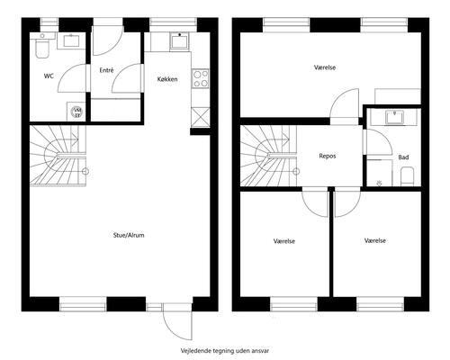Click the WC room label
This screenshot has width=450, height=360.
(49, 76)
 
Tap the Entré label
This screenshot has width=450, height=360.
(106, 70)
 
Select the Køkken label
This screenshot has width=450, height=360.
(167, 79)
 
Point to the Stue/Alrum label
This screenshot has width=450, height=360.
(129, 235)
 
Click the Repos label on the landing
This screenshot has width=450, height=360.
(328, 156)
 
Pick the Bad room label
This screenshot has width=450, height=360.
(403, 157)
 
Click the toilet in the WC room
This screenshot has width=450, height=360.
(42, 48)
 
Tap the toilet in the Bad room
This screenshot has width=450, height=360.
(408, 176)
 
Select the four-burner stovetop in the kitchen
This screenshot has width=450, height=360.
(201, 78)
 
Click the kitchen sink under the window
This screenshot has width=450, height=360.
(180, 40)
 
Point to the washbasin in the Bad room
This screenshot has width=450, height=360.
(395, 117)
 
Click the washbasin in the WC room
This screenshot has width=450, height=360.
(71, 41)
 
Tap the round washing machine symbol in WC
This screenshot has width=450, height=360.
(76, 112)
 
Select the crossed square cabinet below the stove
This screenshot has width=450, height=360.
(200, 117)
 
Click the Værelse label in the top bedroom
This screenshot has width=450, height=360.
(325, 67)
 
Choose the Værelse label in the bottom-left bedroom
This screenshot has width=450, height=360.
(284, 241)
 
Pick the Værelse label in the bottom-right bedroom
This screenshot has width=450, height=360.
(375, 240)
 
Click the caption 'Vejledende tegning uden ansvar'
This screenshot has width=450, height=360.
(225, 350)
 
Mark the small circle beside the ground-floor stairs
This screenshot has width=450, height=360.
(85, 171)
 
